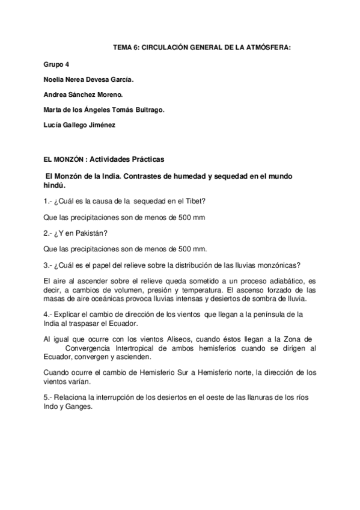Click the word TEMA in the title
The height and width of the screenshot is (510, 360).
tap(123, 47)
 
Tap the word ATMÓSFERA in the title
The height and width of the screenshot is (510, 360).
tap(268, 47)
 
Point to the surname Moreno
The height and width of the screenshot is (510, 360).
tap(111, 94)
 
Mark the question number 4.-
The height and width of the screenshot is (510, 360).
tap(48, 315)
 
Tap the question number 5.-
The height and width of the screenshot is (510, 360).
tap(48, 398)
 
